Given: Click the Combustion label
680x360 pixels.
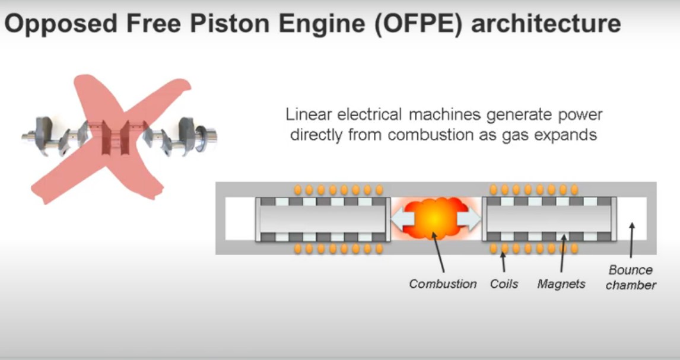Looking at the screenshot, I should point(443,284).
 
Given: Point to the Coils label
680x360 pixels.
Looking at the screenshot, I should point(504,284).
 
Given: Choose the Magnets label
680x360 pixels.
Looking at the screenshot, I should point(561,284).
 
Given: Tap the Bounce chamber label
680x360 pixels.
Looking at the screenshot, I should point(631,278).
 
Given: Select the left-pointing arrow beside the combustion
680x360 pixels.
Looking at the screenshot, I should point(401,219).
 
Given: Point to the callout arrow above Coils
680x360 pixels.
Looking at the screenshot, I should point(503,262).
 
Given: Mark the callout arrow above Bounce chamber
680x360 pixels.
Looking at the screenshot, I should point(631,240).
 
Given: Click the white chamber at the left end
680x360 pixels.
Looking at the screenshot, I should point(240,219).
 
